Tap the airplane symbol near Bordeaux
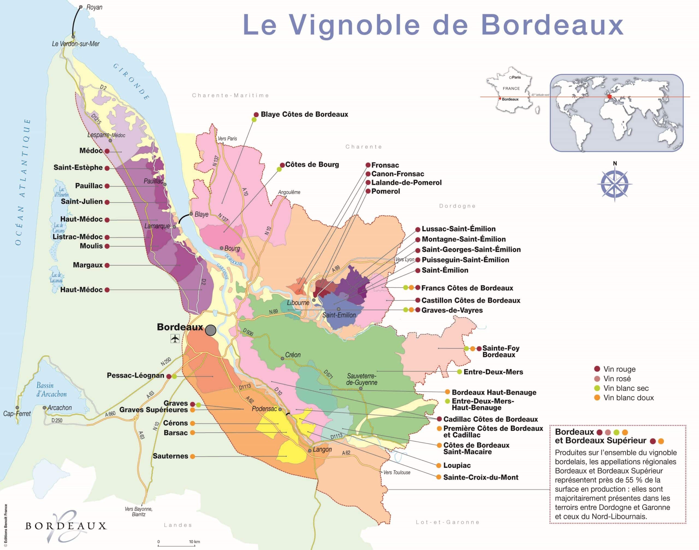pos(175,339)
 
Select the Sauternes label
pos(170,456)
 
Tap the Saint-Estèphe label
pos(78,168)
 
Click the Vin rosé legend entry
pos(617,379)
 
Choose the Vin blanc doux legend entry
pos(628,398)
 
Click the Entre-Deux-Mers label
pos(493,372)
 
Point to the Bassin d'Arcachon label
pos(51,390)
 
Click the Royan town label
pos(94,7)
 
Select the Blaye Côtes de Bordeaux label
pos(304,114)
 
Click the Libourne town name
pos(298,303)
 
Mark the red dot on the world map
pos(609,96)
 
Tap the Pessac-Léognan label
pos(135,376)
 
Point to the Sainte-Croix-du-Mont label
pos(480,477)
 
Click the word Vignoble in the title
pos(354,25)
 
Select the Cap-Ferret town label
pos(17,414)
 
